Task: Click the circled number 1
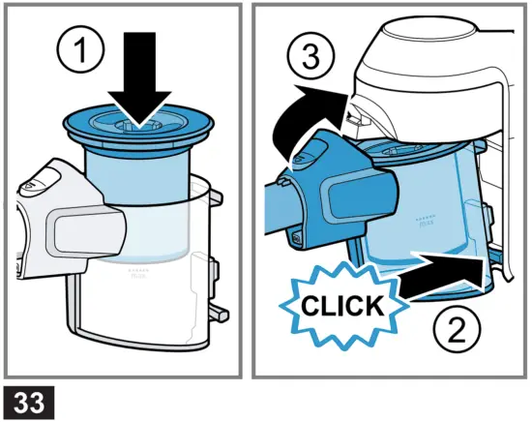[80, 51]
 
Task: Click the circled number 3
[311, 56]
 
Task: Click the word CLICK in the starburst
[342, 306]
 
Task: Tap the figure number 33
[29, 403]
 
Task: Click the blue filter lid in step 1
[138, 129]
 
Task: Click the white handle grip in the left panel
[86, 232]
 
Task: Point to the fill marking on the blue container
[425, 220]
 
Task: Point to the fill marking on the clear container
[139, 273]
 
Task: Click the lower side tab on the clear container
[218, 312]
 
